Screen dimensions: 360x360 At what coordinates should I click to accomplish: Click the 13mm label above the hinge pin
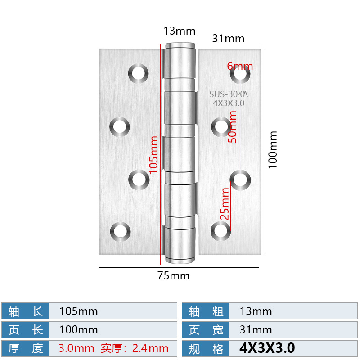[179, 31]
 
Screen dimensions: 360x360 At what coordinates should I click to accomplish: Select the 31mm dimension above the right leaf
[228, 39]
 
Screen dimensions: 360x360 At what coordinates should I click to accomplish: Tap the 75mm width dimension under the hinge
[173, 276]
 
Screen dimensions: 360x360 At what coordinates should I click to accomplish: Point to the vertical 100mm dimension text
[273, 150]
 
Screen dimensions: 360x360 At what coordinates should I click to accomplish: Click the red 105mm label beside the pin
[153, 154]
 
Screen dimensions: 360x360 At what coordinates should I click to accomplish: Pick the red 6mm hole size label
[240, 66]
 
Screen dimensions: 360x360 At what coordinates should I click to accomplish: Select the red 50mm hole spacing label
[232, 126]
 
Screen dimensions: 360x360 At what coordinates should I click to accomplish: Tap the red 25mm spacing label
[225, 204]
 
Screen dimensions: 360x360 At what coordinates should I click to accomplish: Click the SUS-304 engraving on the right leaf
[229, 94]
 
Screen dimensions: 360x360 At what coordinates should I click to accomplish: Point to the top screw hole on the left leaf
[139, 73]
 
